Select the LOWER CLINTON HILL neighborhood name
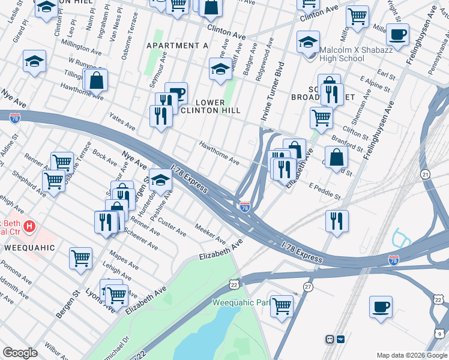click(x=210, y=105)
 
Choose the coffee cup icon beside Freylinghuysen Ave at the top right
click(x=397, y=35)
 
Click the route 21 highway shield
click(x=425, y=174)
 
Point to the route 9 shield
click(x=441, y=334)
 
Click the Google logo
click(x=20, y=353)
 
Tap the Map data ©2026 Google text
click(x=411, y=355)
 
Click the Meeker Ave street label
click(x=209, y=229)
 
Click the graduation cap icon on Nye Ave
click(x=160, y=179)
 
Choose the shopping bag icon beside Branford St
click(x=338, y=158)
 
